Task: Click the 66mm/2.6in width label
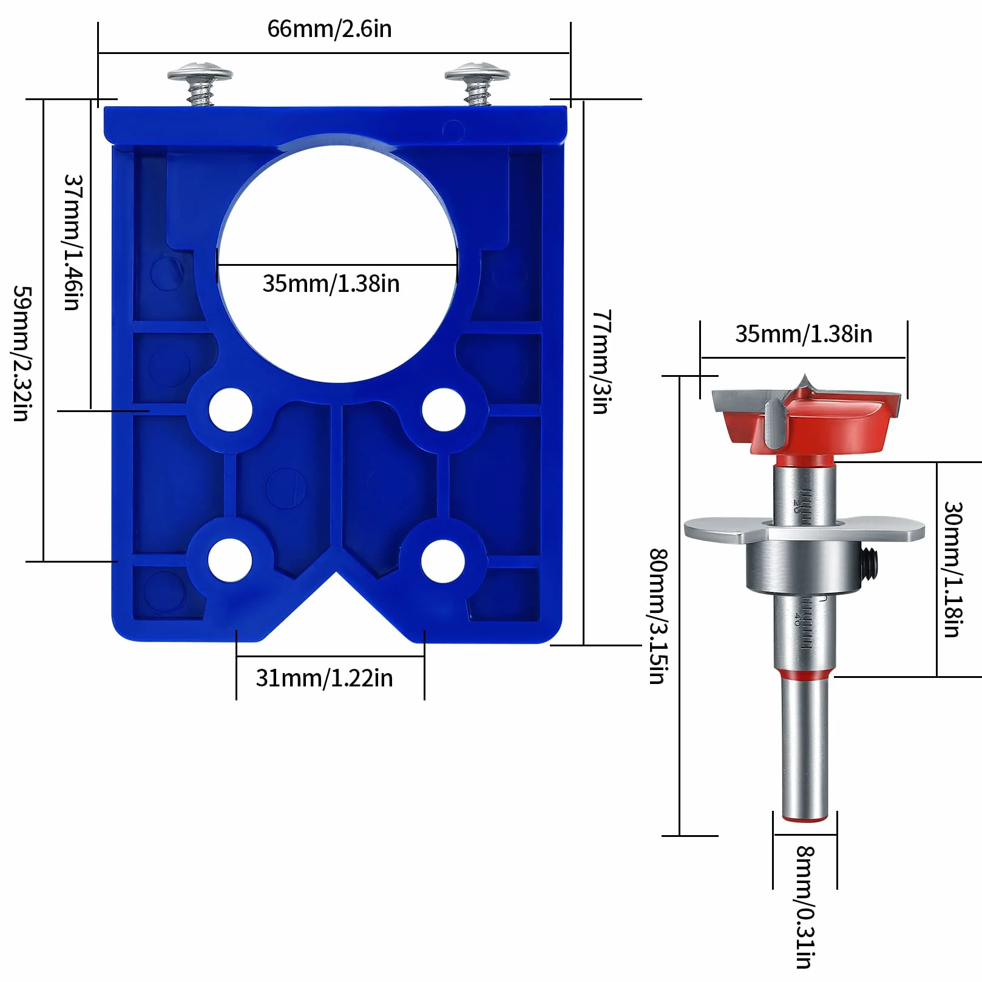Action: click(x=330, y=29)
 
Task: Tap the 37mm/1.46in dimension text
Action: click(x=73, y=243)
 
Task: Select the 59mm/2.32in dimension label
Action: click(x=22, y=353)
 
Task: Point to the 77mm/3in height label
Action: click(x=601, y=362)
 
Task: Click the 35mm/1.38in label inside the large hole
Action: click(x=331, y=283)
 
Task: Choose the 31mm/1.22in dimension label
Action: click(x=324, y=678)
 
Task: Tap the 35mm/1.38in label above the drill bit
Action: click(x=804, y=334)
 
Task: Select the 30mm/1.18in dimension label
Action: click(x=953, y=569)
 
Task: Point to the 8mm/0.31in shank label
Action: click(x=805, y=907)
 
